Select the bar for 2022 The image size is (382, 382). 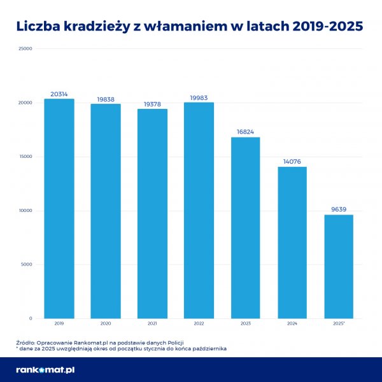[x=199, y=210]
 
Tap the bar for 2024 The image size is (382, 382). [x=292, y=243]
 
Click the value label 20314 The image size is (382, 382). [x=59, y=94]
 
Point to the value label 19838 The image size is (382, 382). [x=105, y=99]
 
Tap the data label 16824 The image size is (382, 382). [x=245, y=132]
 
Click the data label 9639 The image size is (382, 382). [x=339, y=209]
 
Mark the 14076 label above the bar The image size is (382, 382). [x=292, y=162]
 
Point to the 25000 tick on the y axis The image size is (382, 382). [x=25, y=48]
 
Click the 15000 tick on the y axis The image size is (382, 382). [x=25, y=157]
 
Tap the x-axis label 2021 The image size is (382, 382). [x=152, y=323]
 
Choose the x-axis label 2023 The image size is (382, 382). [x=245, y=323]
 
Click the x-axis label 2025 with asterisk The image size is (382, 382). [x=339, y=323]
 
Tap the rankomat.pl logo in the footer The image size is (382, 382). [x=45, y=370]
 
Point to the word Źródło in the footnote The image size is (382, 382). [x=27, y=343]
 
